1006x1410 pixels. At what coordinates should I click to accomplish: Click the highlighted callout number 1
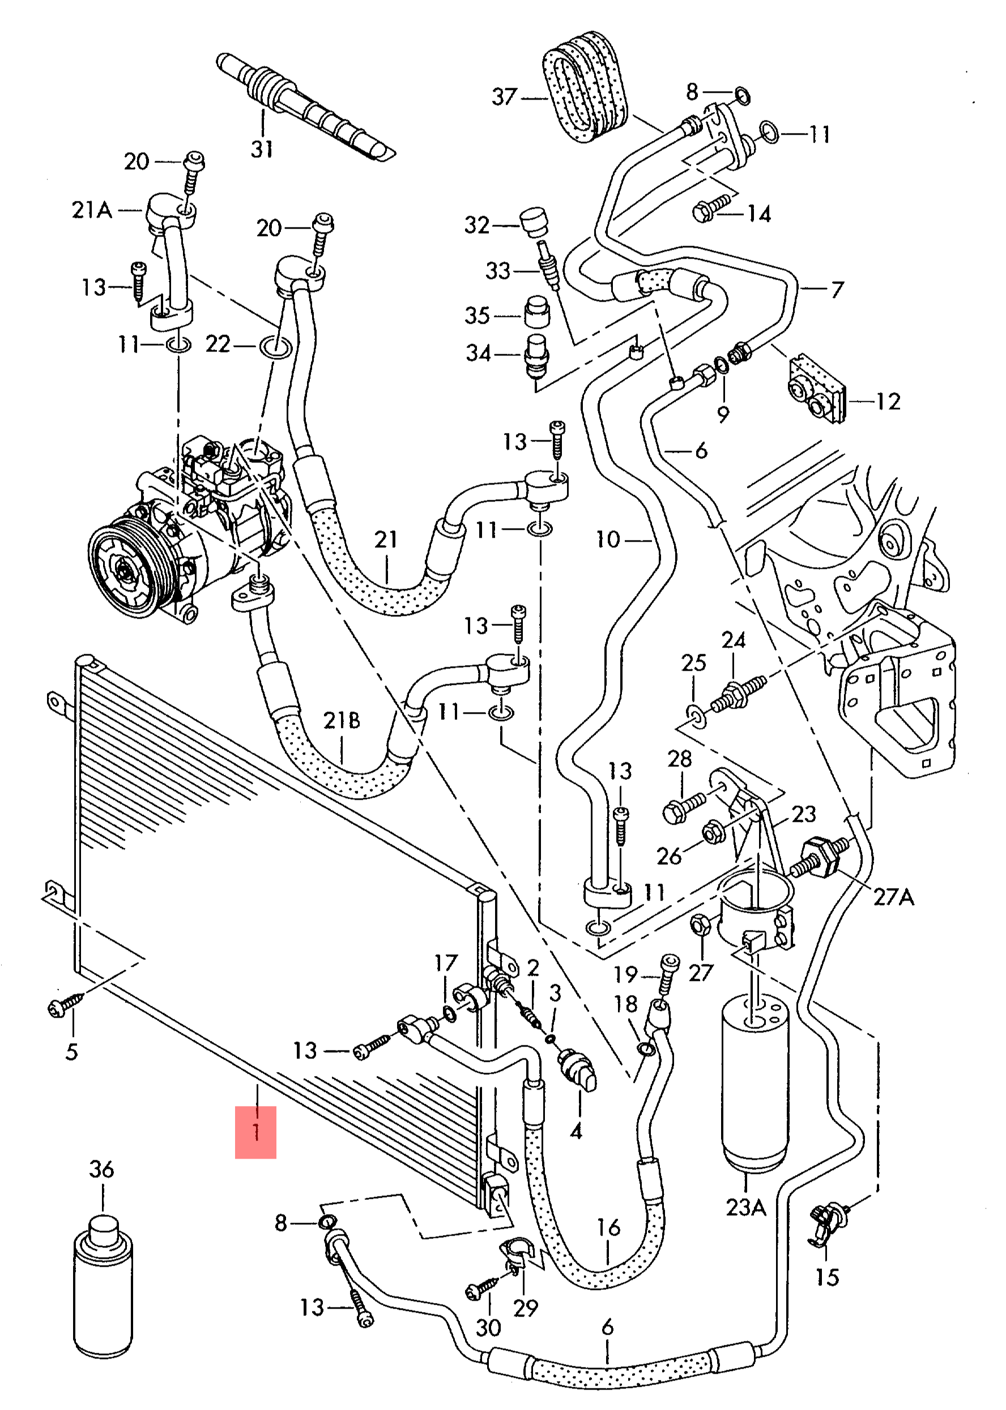pos(255,1132)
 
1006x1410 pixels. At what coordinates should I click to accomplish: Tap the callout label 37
pos(504,97)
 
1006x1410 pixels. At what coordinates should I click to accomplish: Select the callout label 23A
pos(746,1206)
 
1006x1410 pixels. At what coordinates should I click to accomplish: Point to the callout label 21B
pos(342,720)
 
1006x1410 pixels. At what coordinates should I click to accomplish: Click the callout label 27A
pos(893,897)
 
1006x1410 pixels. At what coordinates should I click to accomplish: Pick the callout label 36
pos(101,1169)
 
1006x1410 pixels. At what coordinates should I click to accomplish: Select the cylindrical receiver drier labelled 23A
pos(755,1090)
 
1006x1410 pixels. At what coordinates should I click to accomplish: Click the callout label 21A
pos(92,211)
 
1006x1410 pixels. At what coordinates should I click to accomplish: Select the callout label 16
pos(608,1227)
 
